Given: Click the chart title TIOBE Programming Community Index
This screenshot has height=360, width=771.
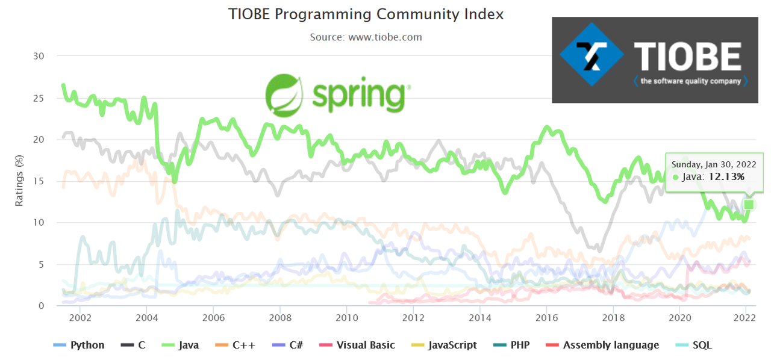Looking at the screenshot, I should [x=366, y=14].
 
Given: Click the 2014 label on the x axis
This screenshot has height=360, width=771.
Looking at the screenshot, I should [x=479, y=317].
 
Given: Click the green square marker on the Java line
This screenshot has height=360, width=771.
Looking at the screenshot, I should [x=749, y=205].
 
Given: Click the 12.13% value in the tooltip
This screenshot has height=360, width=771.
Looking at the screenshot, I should [x=727, y=177].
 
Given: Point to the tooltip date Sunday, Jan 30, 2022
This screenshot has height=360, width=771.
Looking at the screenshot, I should [x=714, y=163].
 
